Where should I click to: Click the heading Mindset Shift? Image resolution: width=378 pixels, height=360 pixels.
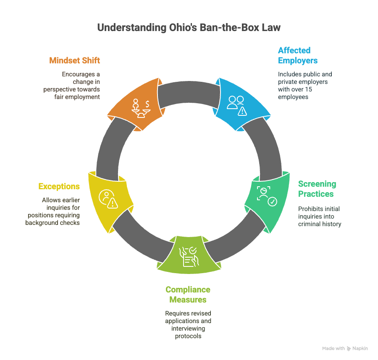(x=74, y=60)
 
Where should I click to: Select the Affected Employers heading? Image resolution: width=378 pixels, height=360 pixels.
(x=298, y=55)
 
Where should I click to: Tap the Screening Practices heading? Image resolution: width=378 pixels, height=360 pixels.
(x=317, y=189)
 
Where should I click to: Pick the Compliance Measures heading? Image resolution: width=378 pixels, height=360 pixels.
(x=188, y=295)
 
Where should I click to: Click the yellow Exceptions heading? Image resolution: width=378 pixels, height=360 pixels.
(x=59, y=186)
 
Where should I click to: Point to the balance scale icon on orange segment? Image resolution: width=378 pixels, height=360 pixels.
(x=141, y=108)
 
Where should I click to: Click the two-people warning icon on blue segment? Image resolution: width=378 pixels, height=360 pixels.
(x=237, y=106)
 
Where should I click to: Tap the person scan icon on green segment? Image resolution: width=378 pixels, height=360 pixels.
(x=267, y=196)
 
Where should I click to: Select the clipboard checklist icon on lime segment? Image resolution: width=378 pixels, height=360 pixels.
(x=189, y=257)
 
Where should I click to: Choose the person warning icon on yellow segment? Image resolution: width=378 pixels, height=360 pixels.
(x=108, y=199)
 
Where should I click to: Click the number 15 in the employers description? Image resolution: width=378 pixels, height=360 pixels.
(x=309, y=89)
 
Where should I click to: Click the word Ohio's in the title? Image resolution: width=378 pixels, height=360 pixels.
(x=183, y=27)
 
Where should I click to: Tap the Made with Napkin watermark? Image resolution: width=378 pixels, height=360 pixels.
(x=345, y=348)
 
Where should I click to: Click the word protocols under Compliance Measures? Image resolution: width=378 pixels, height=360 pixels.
(x=188, y=336)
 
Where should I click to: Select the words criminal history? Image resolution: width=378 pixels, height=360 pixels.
(x=320, y=224)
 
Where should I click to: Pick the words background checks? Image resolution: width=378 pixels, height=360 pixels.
(x=52, y=223)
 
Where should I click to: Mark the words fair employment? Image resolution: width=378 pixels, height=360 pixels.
(x=77, y=97)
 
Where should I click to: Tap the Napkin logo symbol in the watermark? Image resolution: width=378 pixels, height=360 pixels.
(x=349, y=348)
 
